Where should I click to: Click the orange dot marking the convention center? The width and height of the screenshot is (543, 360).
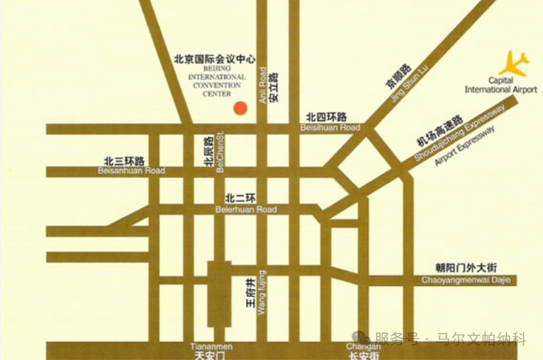click(x=239, y=108)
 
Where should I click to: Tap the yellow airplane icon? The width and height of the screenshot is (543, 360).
click(x=515, y=63)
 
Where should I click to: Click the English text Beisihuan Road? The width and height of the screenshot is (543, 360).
click(x=330, y=128)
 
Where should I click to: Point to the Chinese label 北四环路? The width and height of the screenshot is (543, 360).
click(x=327, y=117)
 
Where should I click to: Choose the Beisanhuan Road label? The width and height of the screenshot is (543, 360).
click(x=132, y=171)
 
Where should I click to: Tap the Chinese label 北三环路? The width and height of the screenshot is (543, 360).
click(x=124, y=161)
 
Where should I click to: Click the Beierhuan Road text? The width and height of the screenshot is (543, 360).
click(x=246, y=209)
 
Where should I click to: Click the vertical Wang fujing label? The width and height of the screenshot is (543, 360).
click(x=262, y=293)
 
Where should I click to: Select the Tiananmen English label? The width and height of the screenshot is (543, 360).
click(x=212, y=345)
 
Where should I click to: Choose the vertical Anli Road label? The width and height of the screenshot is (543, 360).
click(x=263, y=85)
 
